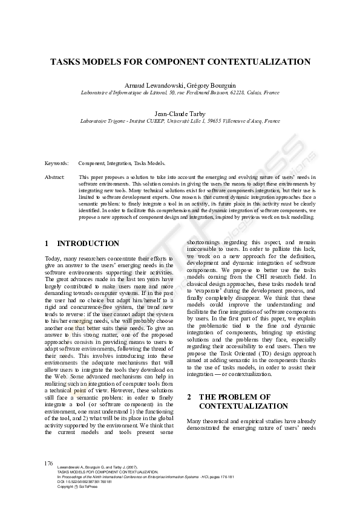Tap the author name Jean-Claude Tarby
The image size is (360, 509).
tap(180, 113)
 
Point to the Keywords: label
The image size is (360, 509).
tap(57, 163)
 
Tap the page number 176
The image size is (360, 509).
tap(49, 463)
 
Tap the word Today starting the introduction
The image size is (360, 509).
tap(53, 259)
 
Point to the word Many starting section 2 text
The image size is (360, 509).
tap(194, 421)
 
